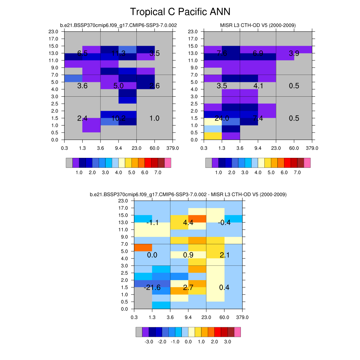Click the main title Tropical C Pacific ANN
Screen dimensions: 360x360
180,12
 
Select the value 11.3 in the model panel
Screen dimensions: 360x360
118,54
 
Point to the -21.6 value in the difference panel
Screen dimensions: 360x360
152,288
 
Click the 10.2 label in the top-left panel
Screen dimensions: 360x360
118,118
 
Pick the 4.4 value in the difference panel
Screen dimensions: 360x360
188,223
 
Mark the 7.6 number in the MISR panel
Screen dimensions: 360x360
222,53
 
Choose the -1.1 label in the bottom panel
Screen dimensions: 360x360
152,223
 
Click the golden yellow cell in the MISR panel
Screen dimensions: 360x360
213,136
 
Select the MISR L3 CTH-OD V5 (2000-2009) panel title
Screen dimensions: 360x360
258,25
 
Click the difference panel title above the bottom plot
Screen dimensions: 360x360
188,194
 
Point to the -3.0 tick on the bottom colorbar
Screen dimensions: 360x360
149,341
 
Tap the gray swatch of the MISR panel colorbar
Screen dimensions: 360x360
208,163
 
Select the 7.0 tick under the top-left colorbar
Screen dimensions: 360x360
158,173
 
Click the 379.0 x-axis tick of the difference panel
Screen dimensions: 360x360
243,317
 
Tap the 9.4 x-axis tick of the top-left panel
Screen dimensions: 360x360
118,148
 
